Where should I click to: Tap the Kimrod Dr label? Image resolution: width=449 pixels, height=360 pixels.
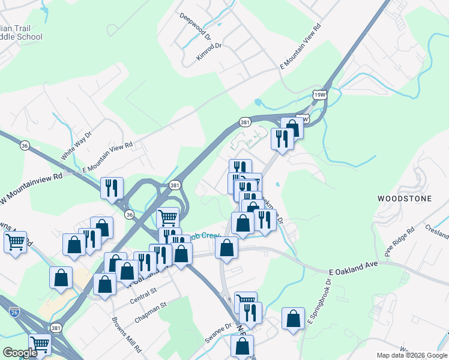pyautogui.click(x=209, y=52)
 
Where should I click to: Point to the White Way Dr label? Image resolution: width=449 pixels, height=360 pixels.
pyautogui.click(x=75, y=147)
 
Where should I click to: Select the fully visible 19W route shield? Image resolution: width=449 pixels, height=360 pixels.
pyautogui.click(x=321, y=94)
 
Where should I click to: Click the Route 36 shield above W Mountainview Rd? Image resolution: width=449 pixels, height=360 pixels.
pyautogui.click(x=25, y=145)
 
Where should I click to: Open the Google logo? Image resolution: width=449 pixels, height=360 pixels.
pyautogui.click(x=19, y=352)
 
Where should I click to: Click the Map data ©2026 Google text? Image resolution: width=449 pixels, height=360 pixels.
pyautogui.click(x=411, y=355)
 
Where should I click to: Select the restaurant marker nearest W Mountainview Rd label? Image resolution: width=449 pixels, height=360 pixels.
pyautogui.click(x=112, y=188)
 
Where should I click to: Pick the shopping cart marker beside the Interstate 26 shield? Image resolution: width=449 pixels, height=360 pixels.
pyautogui.click(x=40, y=344)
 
